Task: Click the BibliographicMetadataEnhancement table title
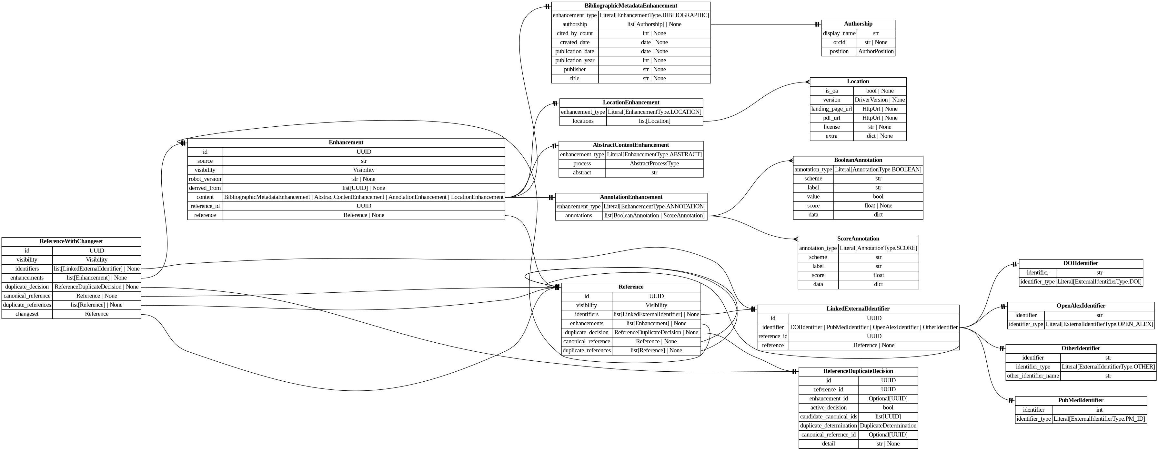pyautogui.click(x=631, y=6)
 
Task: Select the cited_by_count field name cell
pyautogui.click(x=575, y=33)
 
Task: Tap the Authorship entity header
pyautogui.click(x=858, y=24)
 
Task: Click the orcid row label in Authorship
pyautogui.click(x=839, y=42)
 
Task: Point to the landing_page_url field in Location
pyautogui.click(x=831, y=109)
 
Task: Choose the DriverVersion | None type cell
pyautogui.click(x=879, y=100)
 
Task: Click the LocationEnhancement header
pyautogui.click(x=631, y=103)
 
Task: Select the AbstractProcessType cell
pyautogui.click(x=654, y=163)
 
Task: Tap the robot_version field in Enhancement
pyautogui.click(x=205, y=179)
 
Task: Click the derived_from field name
pyautogui.click(x=205, y=188)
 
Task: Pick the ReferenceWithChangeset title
pyautogui.click(x=71, y=241)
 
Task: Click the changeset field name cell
pyautogui.click(x=27, y=314)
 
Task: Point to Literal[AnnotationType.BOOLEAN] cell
pyautogui.click(x=878, y=169)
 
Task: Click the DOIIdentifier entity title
pyautogui.click(x=1080, y=263)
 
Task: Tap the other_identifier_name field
pyautogui.click(x=1032, y=376)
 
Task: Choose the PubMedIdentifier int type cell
pyautogui.click(x=1099, y=410)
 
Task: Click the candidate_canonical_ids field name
pyautogui.click(x=828, y=416)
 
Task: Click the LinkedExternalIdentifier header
pyautogui.click(x=857, y=308)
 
